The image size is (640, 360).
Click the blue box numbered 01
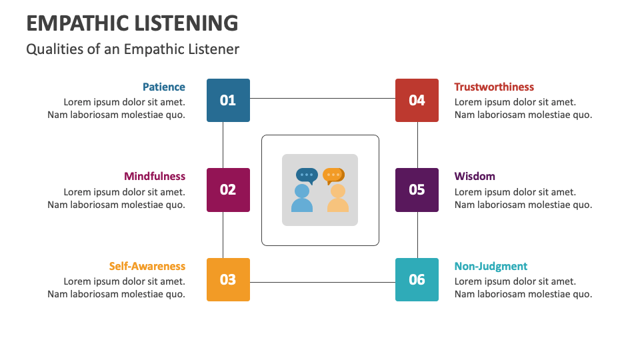click(x=228, y=100)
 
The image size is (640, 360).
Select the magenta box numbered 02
click(x=228, y=190)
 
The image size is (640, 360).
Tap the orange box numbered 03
click(x=228, y=279)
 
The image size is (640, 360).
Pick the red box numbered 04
click(x=417, y=100)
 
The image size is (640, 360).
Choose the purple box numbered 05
click(x=417, y=190)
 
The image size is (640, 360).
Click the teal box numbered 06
click(x=417, y=279)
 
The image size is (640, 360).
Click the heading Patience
click(x=163, y=87)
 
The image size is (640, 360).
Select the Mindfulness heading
click(x=155, y=177)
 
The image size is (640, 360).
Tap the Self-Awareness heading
click(x=147, y=266)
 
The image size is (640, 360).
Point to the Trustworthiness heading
click(x=494, y=87)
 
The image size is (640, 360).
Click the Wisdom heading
click(x=475, y=177)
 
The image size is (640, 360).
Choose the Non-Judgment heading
click(x=491, y=266)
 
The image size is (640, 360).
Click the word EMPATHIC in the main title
click(x=77, y=23)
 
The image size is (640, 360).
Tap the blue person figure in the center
click(x=302, y=199)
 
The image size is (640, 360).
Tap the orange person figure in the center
click(x=338, y=199)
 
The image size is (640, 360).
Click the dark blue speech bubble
click(x=307, y=175)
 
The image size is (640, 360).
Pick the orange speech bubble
click(x=333, y=175)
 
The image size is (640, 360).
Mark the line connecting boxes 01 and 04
click(x=323, y=99)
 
